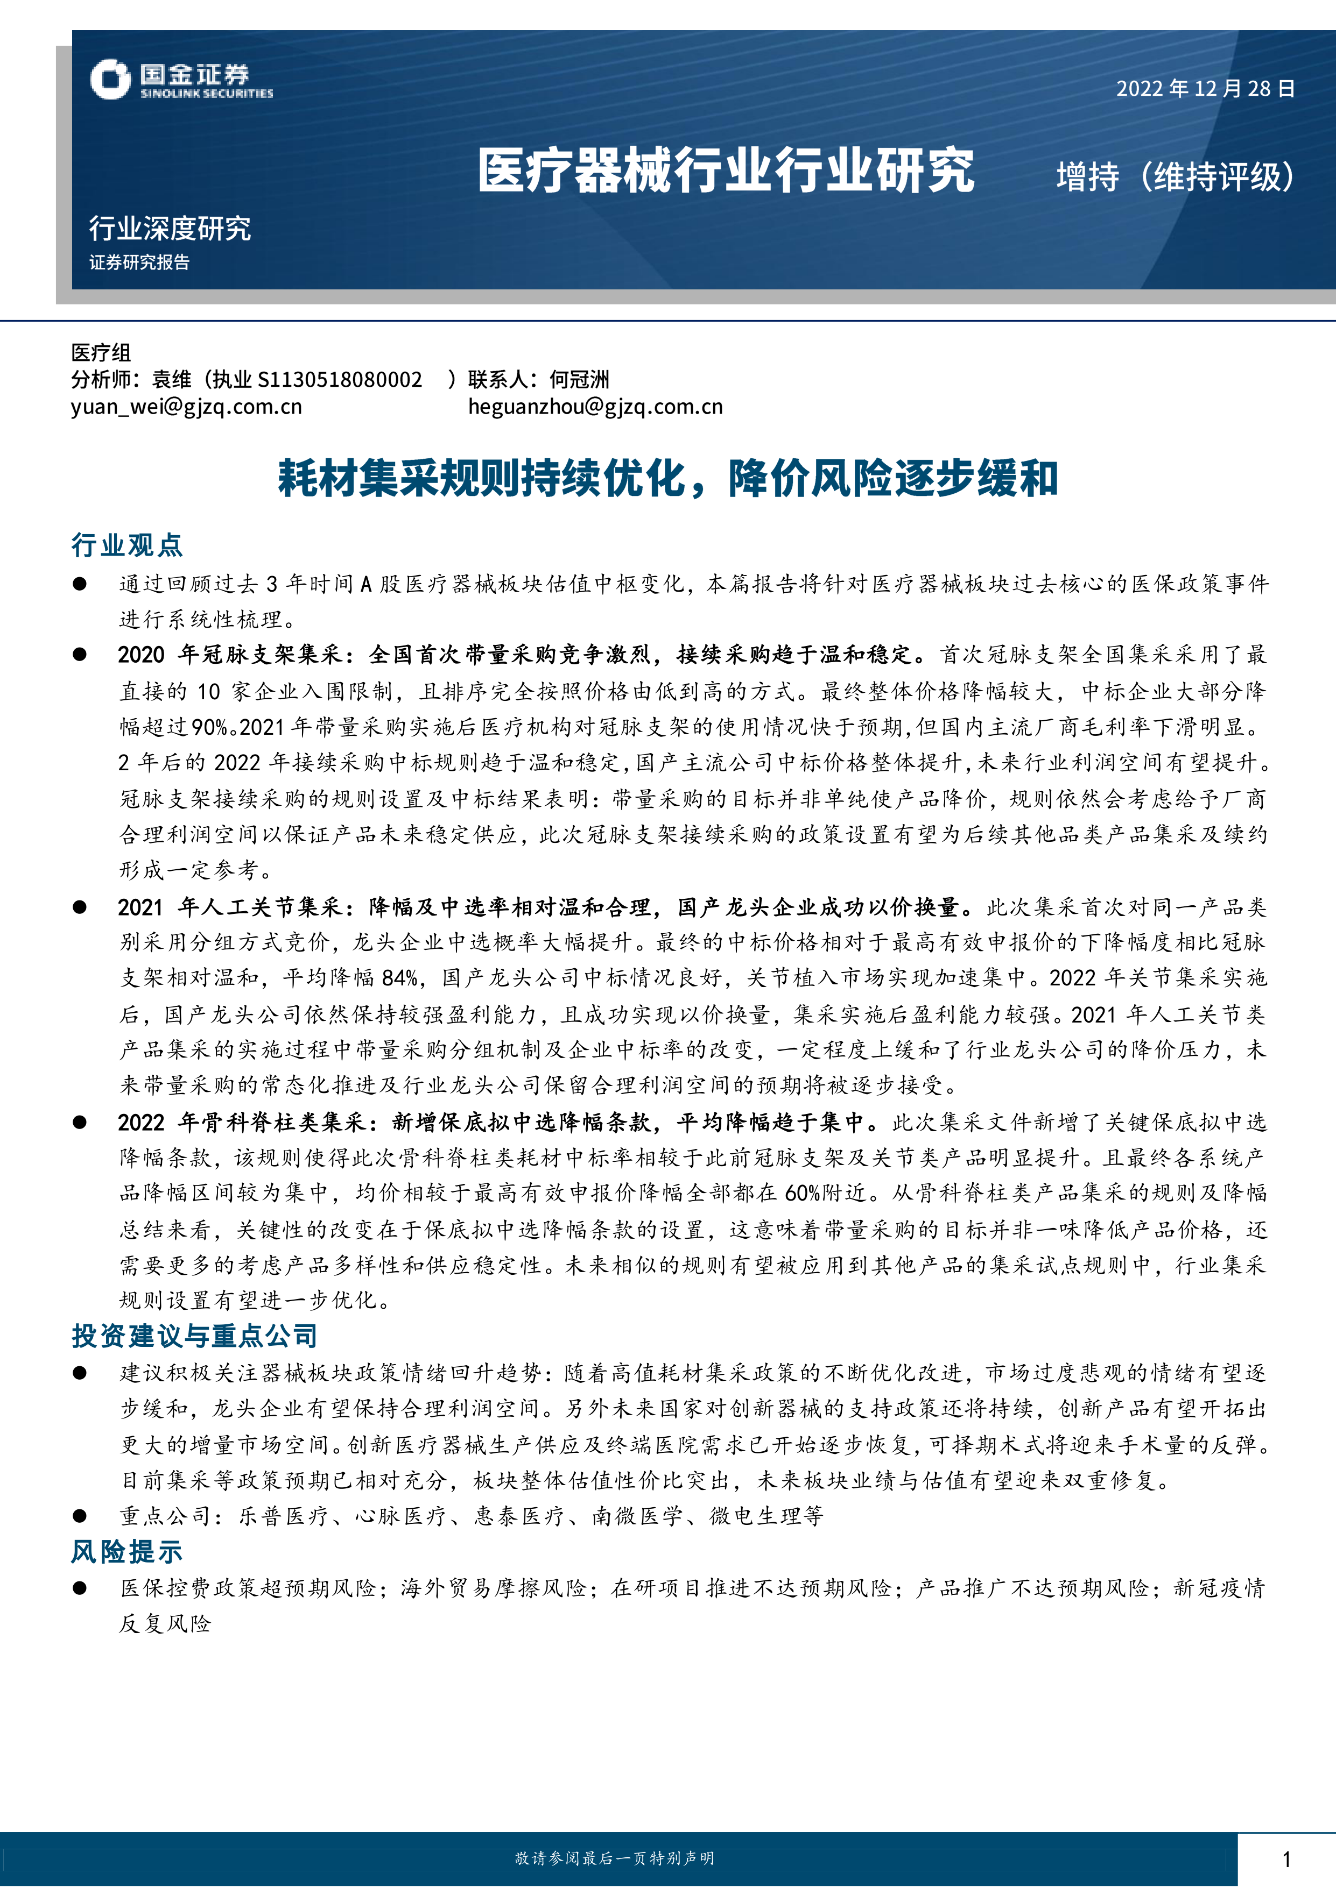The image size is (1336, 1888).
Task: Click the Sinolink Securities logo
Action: pos(181,80)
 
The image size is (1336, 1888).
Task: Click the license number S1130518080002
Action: pos(340,379)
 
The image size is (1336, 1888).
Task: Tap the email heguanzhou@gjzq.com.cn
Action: pos(595,406)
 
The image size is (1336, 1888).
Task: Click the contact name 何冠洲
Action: pos(579,379)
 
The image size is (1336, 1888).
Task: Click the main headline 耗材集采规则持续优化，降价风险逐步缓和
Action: pos(667,479)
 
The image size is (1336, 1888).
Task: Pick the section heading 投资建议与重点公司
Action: pos(194,1336)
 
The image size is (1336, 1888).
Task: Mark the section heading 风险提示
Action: pos(126,1552)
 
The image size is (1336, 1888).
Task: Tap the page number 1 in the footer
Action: pos(1286,1859)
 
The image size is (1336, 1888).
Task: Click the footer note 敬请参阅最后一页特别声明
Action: pos(615,1858)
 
